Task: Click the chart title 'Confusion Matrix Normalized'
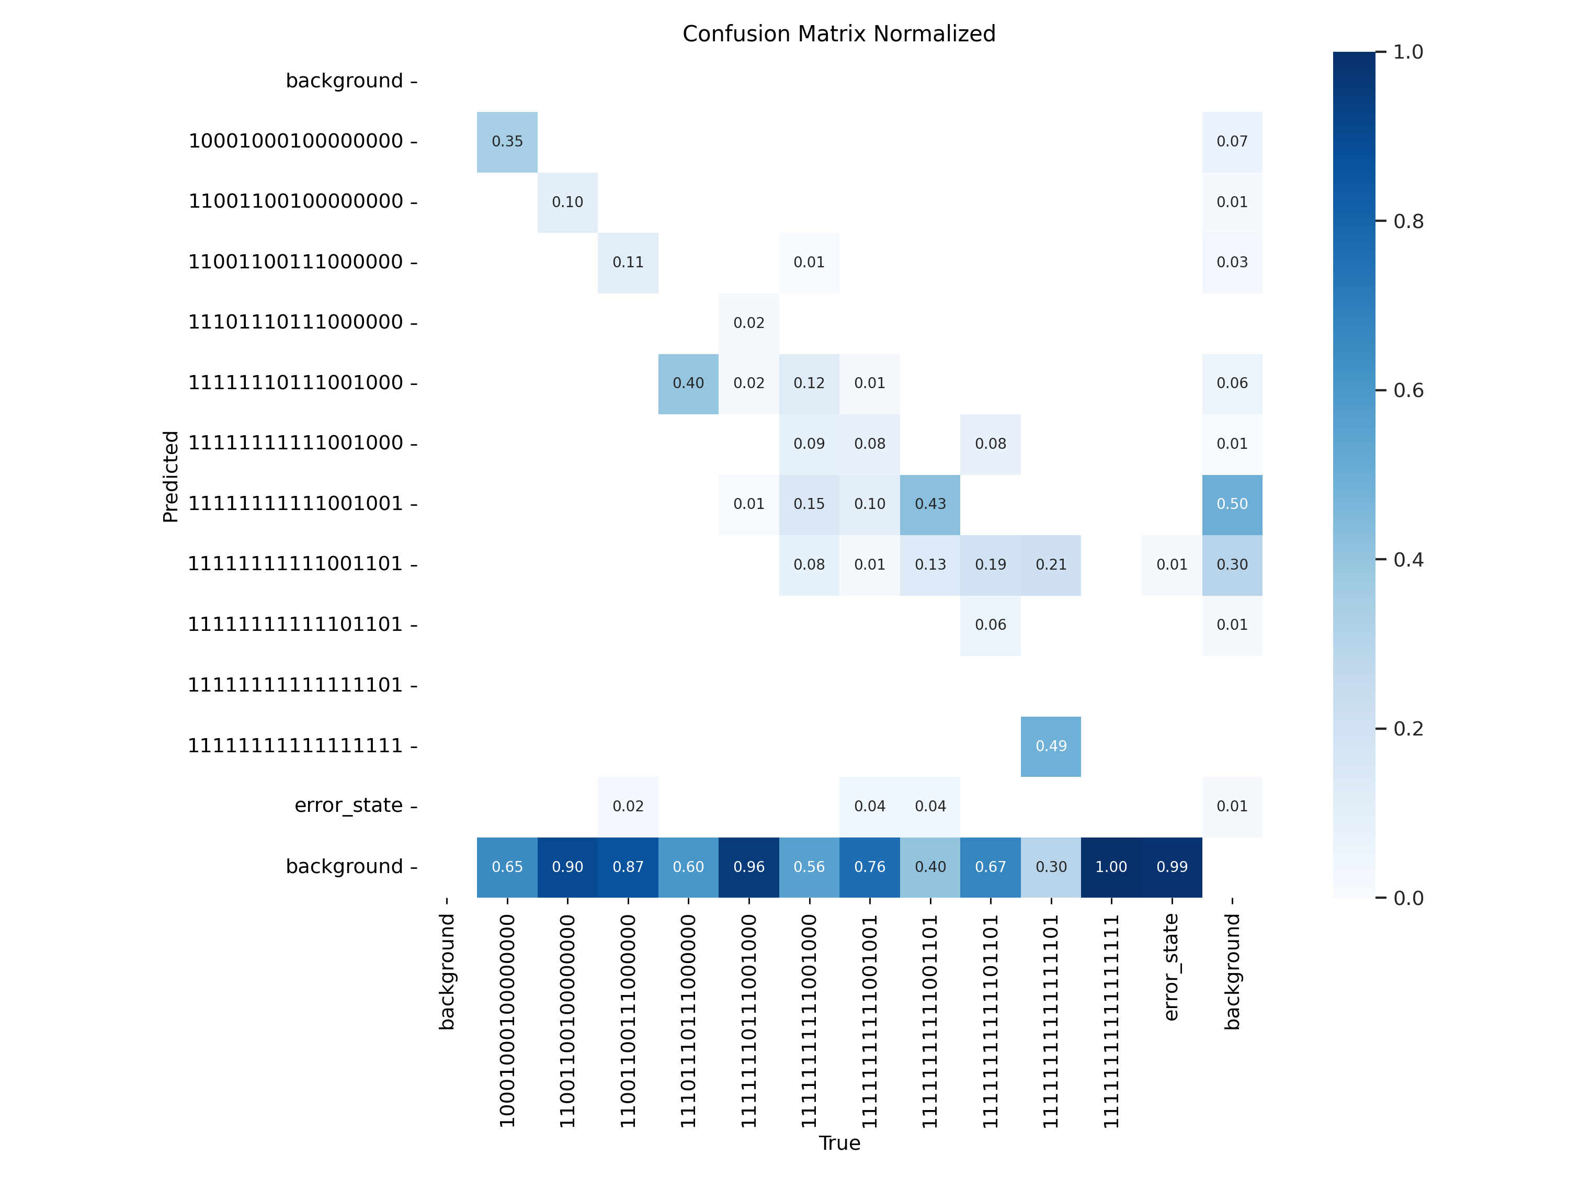click(x=838, y=34)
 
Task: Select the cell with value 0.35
click(x=507, y=142)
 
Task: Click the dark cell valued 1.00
click(x=1111, y=867)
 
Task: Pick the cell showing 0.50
click(x=1232, y=504)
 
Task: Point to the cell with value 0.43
click(x=930, y=504)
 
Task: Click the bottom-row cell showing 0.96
click(x=748, y=867)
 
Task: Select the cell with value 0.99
click(x=1172, y=867)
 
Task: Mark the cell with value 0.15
click(x=809, y=504)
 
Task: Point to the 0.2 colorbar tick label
click(x=1408, y=729)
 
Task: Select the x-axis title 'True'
click(x=839, y=1143)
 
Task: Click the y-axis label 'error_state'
click(x=348, y=806)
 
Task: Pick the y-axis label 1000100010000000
click(x=296, y=141)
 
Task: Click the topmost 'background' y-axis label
click(x=344, y=81)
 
